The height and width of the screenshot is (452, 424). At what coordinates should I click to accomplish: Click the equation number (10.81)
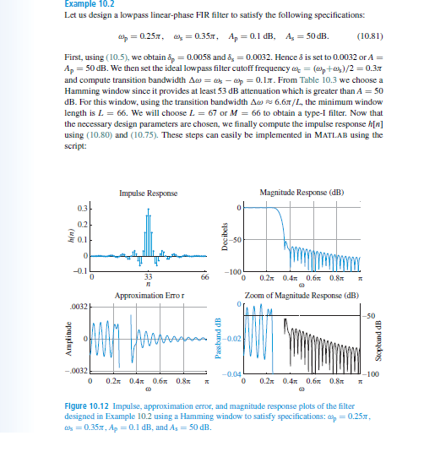372,35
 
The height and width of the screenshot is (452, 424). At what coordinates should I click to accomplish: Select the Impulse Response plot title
149,193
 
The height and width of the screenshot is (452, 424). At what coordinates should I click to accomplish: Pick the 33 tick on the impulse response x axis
149,276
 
